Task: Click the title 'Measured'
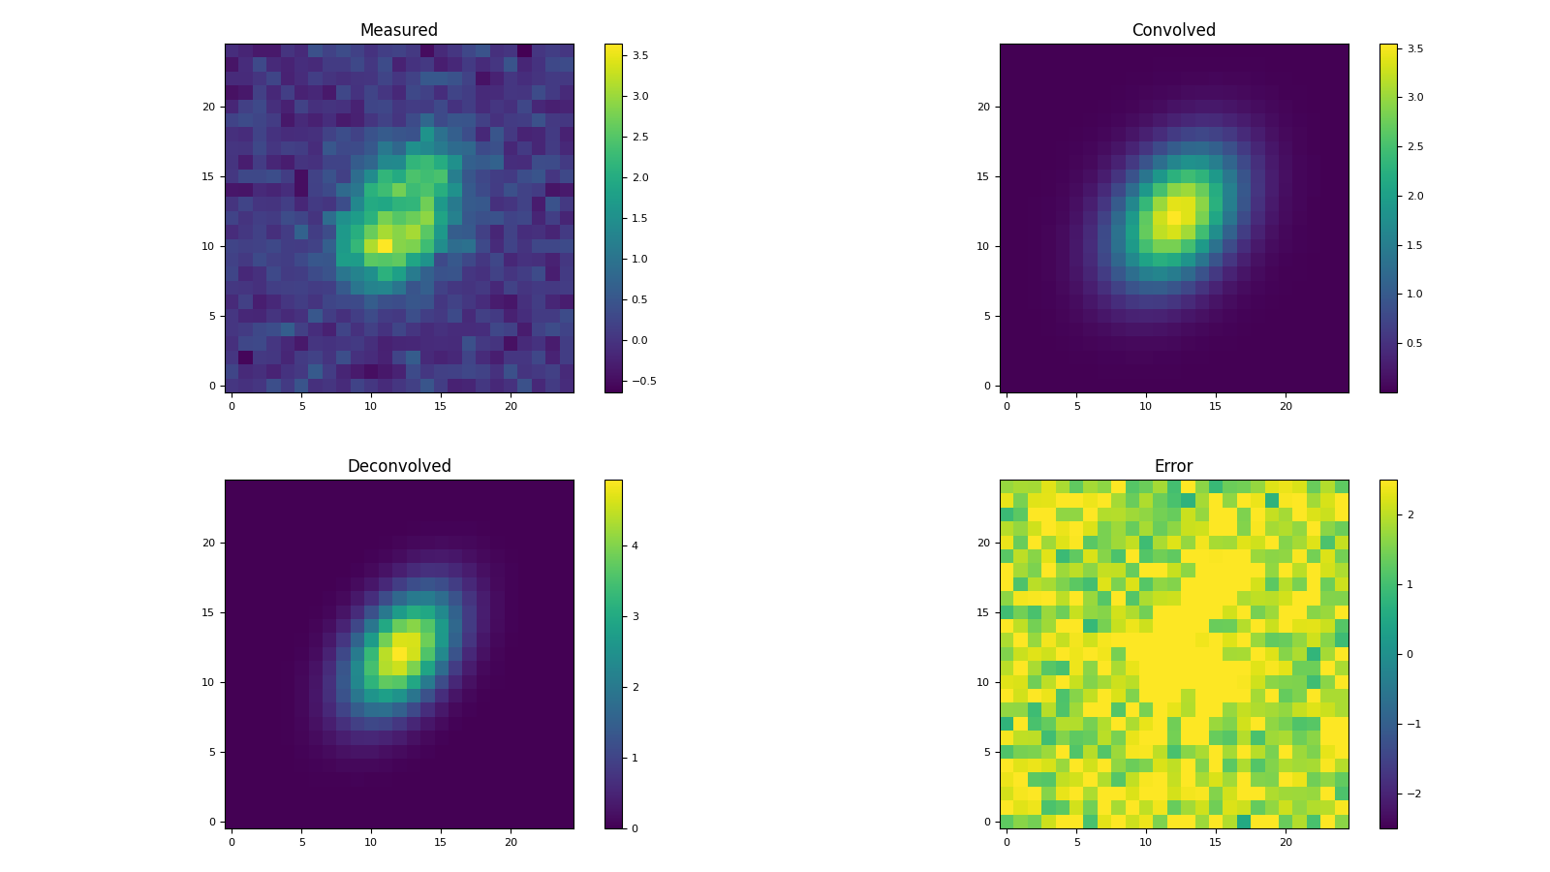[x=398, y=30]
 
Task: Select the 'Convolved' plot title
[x=1173, y=30]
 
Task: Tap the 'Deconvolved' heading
[x=398, y=466]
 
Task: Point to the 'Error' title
[x=1173, y=466]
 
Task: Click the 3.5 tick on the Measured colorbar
[x=640, y=55]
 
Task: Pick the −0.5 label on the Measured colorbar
[x=643, y=381]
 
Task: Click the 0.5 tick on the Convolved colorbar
[x=1414, y=343]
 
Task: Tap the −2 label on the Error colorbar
[x=1412, y=794]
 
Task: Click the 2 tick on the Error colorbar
[x=1410, y=514]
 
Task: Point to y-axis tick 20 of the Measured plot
[x=207, y=107]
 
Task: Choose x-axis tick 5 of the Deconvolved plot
[x=301, y=842]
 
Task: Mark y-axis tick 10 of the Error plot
[x=982, y=682]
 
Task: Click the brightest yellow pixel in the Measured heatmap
[x=385, y=246]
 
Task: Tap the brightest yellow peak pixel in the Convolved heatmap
[x=1173, y=218]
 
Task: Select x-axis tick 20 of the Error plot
[x=1286, y=842]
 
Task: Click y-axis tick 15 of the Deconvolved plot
[x=207, y=612]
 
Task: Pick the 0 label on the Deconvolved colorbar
[x=635, y=828]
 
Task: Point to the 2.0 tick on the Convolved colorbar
[x=1414, y=196]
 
